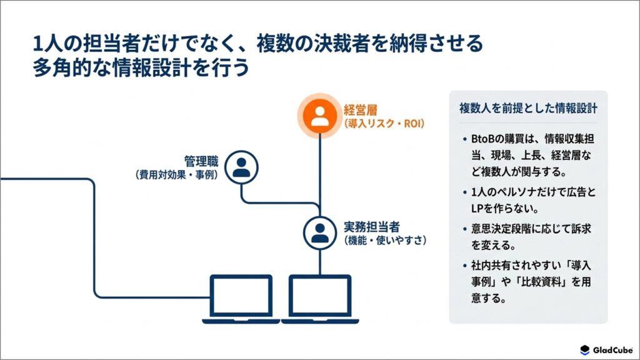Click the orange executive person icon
click(x=319, y=116)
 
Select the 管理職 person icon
click(x=241, y=167)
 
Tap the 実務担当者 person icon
click(x=319, y=232)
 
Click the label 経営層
click(x=361, y=110)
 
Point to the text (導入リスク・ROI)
click(x=384, y=123)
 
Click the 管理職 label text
click(x=201, y=161)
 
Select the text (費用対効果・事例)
click(x=176, y=175)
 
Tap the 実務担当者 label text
click(x=371, y=227)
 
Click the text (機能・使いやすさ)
click(x=385, y=241)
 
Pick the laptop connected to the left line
click(x=241, y=299)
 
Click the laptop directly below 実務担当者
click(x=320, y=299)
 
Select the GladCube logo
click(x=606, y=350)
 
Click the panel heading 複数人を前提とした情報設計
click(x=528, y=108)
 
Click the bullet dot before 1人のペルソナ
click(x=464, y=192)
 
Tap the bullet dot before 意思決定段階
click(x=464, y=229)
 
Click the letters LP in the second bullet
click(x=477, y=209)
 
